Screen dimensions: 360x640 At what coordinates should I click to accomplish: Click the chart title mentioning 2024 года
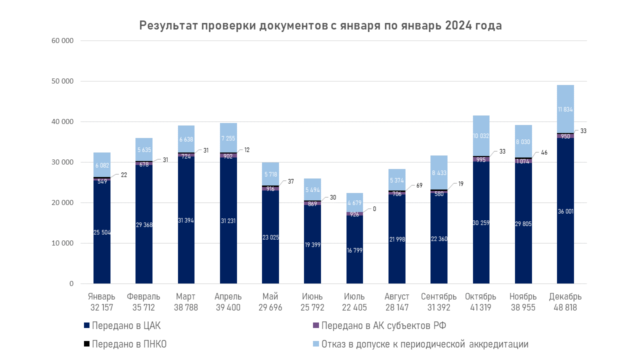tap(320, 26)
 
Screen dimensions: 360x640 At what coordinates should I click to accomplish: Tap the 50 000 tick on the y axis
tap(62, 81)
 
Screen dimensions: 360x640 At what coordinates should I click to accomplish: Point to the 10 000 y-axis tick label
tap(62, 243)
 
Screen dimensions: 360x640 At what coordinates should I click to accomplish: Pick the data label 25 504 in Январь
tap(102, 232)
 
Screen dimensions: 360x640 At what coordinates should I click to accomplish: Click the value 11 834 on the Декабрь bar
tap(565, 109)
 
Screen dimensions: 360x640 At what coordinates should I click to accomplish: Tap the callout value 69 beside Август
tap(419, 185)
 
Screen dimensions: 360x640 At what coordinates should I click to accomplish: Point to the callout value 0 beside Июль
tap(374, 208)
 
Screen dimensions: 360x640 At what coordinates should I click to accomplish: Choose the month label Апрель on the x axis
tap(228, 296)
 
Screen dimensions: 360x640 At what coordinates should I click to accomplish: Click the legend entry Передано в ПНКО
tap(128, 344)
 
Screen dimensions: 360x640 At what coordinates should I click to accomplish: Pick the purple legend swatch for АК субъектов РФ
tap(315, 325)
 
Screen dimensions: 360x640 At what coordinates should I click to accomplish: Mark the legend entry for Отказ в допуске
tap(424, 344)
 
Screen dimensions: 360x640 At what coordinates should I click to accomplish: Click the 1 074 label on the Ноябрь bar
tap(523, 162)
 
